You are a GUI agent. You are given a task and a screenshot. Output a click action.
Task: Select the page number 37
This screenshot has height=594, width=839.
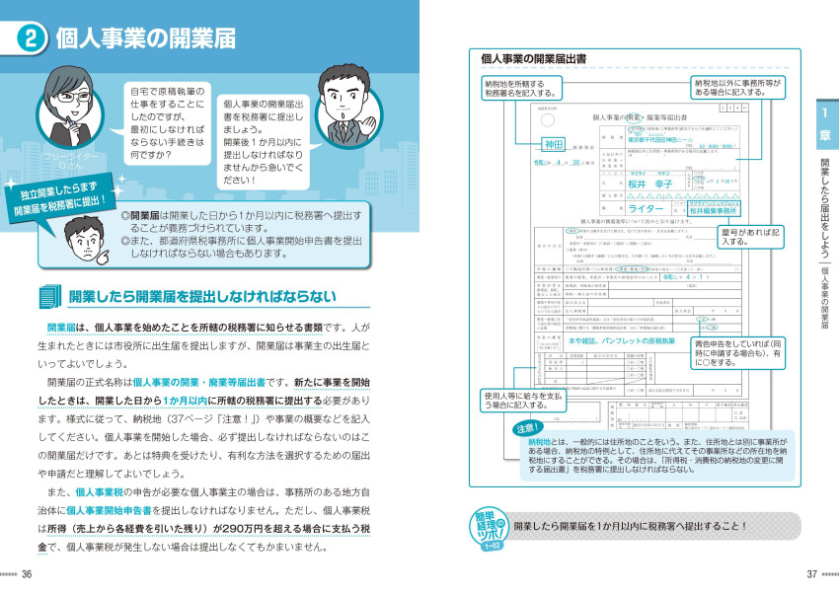pyautogui.click(x=811, y=574)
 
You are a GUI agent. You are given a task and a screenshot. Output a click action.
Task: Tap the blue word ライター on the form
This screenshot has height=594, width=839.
pyautogui.click(x=647, y=209)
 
